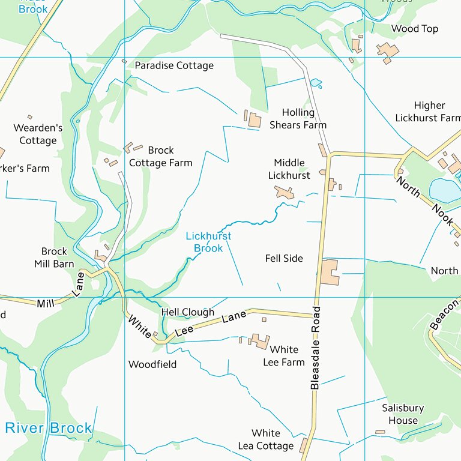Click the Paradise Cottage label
coord(174,65)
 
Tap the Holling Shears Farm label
coord(298,119)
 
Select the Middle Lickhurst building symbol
coord(285,193)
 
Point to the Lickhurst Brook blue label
coord(208,243)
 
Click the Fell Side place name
coord(284,258)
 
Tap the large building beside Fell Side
coord(330,272)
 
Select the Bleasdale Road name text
coord(316,348)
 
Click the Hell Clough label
coord(187,312)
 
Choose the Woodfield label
coord(152,364)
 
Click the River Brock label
coord(49,428)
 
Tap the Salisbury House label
coord(403,414)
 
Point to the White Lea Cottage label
coord(266,439)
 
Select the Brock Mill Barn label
coord(54,258)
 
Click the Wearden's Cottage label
coord(38,134)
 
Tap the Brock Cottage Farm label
coord(161,157)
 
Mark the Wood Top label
coord(415,29)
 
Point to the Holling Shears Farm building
coord(255,120)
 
